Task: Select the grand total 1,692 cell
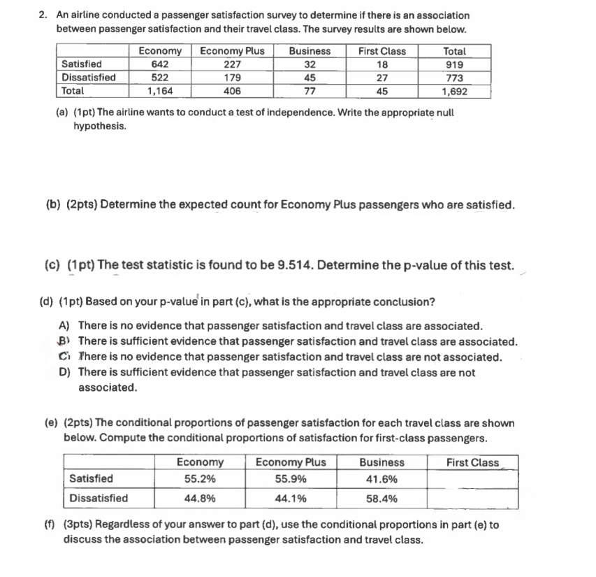tap(454, 91)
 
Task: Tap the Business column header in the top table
tap(310, 51)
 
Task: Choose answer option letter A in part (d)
tap(64, 326)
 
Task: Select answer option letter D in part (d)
tap(64, 373)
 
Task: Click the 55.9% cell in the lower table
tap(290, 479)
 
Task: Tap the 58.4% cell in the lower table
tap(381, 499)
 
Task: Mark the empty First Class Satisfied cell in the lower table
tap(472, 479)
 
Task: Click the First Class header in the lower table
tap(474, 462)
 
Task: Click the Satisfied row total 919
tap(454, 64)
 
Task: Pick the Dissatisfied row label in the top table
tap(89, 78)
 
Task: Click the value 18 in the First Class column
tap(381, 64)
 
